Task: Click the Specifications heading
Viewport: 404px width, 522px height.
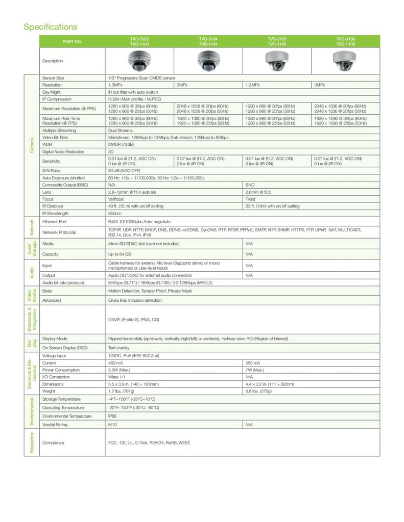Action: pyautogui.click(x=51, y=27)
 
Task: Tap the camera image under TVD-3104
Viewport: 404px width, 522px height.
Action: pyautogui.click(x=208, y=61)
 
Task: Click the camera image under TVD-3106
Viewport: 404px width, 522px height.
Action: pyautogui.click(x=346, y=61)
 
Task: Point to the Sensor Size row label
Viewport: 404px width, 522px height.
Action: pyautogui.click(x=53, y=78)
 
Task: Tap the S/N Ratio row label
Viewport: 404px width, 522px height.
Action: pyautogui.click(x=52, y=171)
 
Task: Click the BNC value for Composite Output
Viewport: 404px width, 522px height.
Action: pyautogui.click(x=250, y=185)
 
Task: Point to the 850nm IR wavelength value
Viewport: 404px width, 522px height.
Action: pyautogui.click(x=114, y=214)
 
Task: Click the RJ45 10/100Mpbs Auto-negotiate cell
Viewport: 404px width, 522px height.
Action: pyautogui.click(x=139, y=222)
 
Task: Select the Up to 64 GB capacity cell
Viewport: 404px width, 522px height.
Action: pyautogui.click(x=121, y=254)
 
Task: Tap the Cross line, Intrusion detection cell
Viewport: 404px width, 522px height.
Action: pyautogui.click(x=135, y=300)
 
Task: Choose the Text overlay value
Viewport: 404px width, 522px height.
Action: pyautogui.click(x=120, y=347)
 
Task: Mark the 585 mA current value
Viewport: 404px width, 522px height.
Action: pyautogui.click(x=253, y=362)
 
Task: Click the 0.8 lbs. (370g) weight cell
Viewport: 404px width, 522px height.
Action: pyautogui.click(x=258, y=391)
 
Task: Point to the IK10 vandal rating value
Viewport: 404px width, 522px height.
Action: pyautogui.click(x=113, y=425)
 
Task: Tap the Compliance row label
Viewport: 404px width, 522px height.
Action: pyautogui.click(x=53, y=443)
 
